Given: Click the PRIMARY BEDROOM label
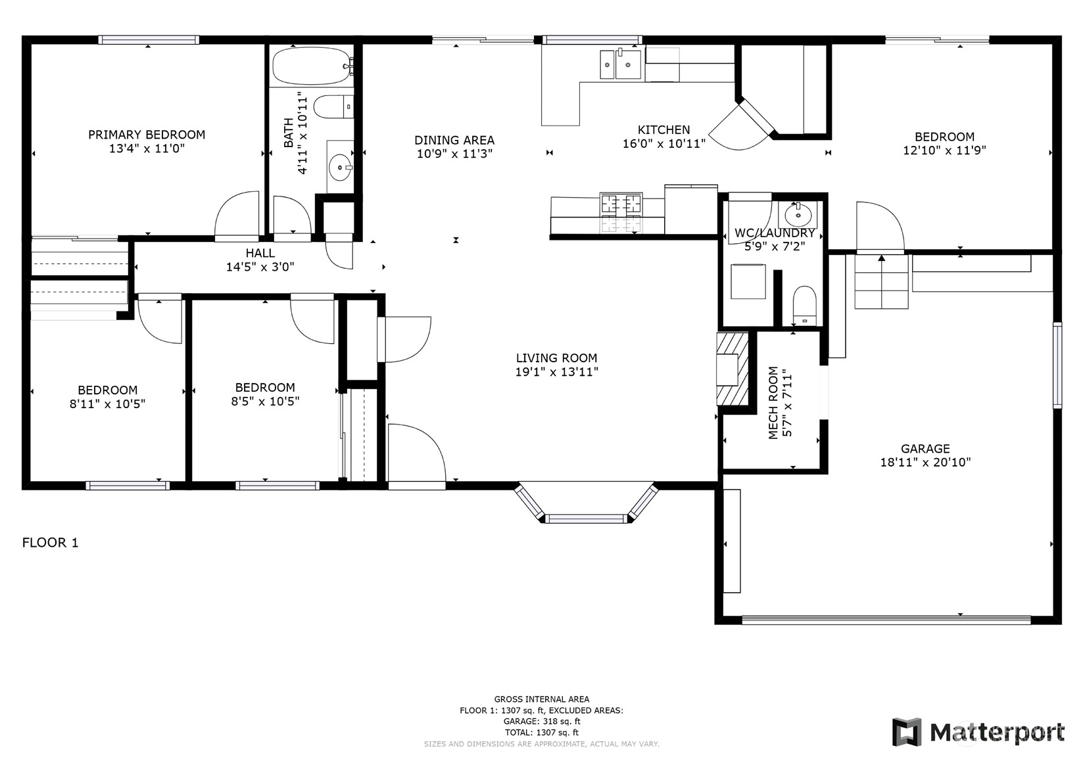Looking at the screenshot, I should point(147,135).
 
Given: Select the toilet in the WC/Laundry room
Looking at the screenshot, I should point(804,306).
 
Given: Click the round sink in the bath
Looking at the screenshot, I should point(340,167).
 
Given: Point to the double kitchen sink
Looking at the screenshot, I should point(619,64).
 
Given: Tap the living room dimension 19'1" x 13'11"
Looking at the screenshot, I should point(556,372).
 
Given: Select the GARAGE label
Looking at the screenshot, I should point(925,449).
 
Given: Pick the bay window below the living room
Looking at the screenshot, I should point(586,506).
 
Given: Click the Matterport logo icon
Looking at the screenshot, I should point(907,731).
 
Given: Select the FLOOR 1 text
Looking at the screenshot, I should point(51,543).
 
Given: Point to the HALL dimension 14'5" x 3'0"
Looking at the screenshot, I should point(260,267).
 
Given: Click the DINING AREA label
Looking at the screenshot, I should point(454,140).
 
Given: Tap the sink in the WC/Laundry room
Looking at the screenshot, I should point(798,214).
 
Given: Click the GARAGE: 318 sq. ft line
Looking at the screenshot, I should point(541,721).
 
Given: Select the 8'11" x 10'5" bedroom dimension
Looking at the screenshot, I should point(107,404).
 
